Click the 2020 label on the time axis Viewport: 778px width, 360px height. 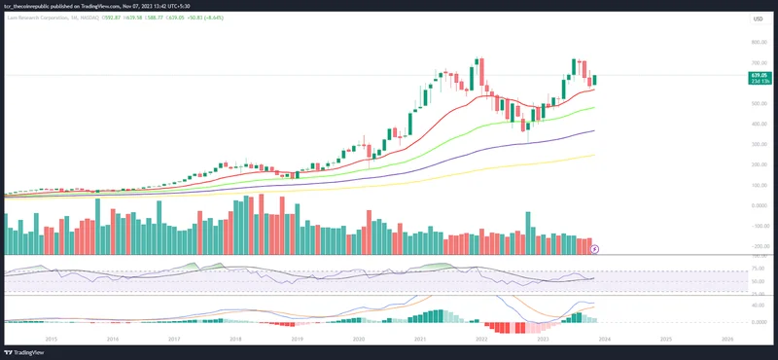[x=359, y=339]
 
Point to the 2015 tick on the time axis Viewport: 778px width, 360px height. [x=52, y=339]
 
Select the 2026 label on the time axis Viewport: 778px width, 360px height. [x=727, y=339]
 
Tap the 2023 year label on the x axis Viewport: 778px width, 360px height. [x=543, y=339]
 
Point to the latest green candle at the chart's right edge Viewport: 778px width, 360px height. [x=594, y=80]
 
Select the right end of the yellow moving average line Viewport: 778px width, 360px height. [x=594, y=154]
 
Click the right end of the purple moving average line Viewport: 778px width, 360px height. [x=594, y=130]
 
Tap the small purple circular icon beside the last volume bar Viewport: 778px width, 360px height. [x=595, y=249]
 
